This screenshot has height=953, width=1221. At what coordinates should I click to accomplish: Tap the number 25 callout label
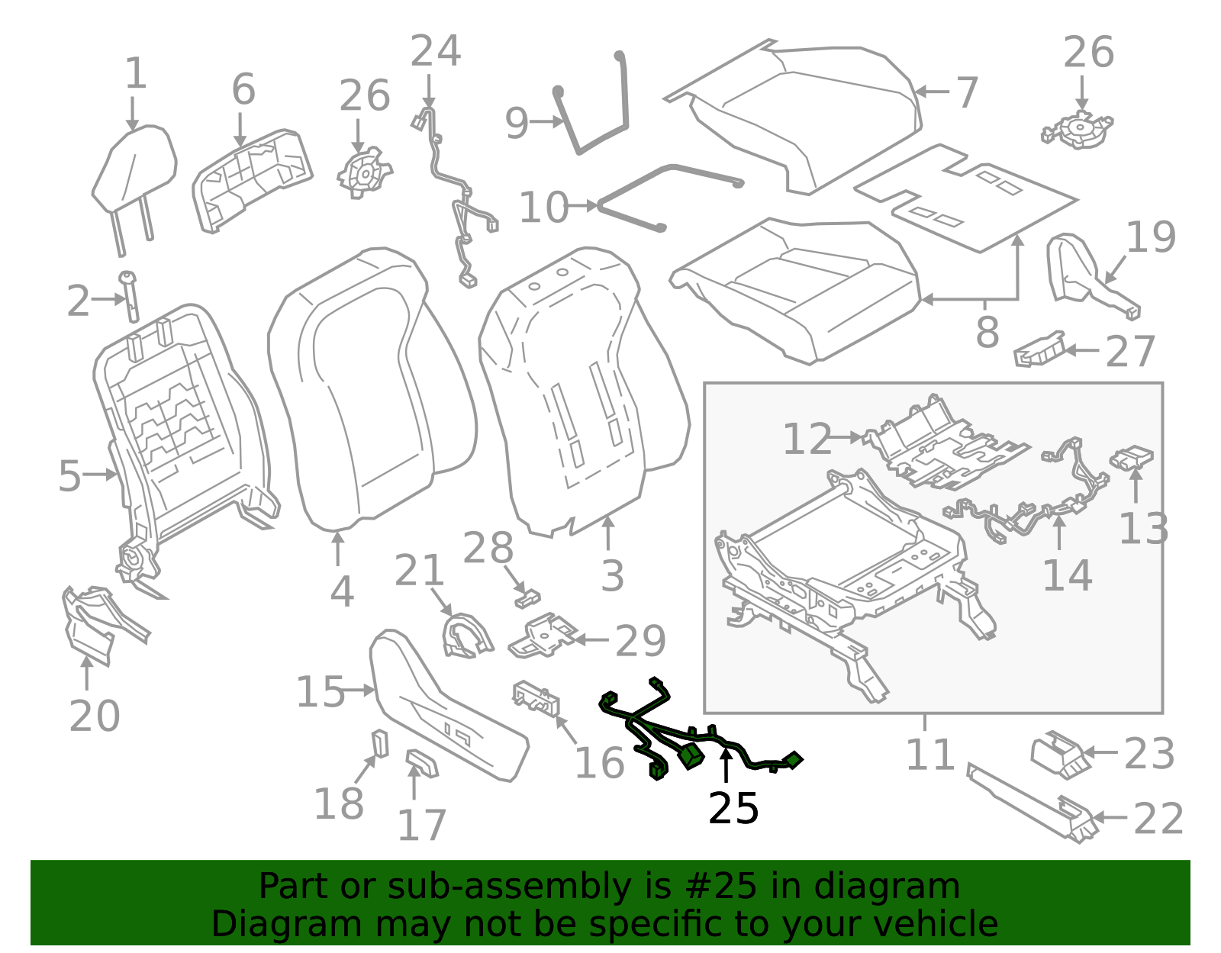[x=733, y=809]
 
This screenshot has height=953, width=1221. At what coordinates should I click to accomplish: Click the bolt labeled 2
[x=130, y=298]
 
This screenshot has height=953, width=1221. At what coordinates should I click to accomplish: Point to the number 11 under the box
[x=929, y=755]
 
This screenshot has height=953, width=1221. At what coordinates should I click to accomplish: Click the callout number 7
[x=967, y=93]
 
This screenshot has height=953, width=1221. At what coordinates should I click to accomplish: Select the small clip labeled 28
[x=527, y=598]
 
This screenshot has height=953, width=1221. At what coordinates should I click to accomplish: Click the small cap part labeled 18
[x=379, y=743]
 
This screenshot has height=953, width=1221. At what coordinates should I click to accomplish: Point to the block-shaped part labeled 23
[x=1058, y=754]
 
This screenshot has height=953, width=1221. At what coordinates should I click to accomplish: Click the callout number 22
[x=1158, y=819]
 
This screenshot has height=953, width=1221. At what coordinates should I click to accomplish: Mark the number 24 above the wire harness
[x=436, y=52]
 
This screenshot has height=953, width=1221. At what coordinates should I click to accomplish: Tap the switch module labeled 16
[x=536, y=699]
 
